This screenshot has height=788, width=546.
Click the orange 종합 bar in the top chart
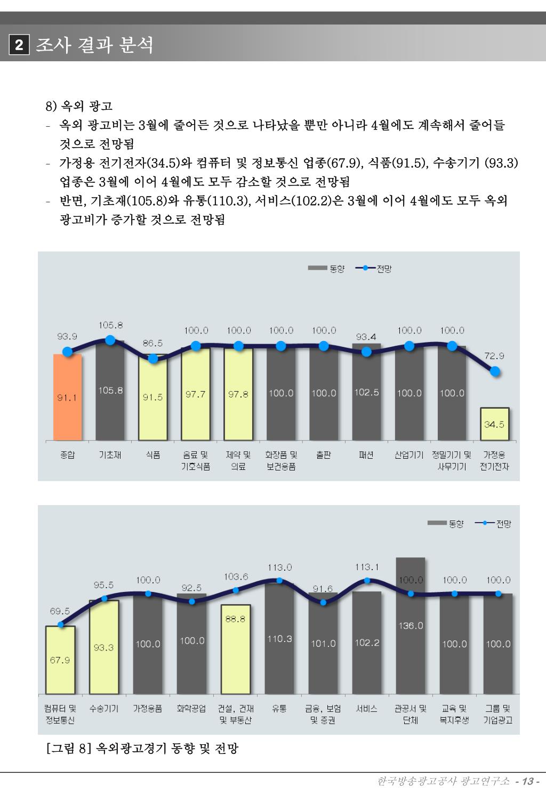(67, 397)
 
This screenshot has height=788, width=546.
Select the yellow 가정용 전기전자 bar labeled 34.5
(494, 424)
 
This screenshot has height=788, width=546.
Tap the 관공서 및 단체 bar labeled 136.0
(411, 625)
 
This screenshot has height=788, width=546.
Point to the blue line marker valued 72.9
(495, 371)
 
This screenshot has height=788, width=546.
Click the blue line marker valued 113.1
(367, 581)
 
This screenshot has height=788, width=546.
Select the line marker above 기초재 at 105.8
(110, 340)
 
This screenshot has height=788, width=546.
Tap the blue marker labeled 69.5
(60, 625)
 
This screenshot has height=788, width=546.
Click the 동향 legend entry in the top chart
(326, 269)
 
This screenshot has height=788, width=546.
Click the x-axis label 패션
(366, 455)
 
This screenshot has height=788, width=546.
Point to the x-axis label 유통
(279, 709)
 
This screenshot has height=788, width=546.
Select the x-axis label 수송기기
(104, 709)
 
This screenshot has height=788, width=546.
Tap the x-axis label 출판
(324, 455)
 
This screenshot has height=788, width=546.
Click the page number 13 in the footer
(528, 781)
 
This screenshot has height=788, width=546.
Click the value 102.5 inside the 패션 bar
(366, 392)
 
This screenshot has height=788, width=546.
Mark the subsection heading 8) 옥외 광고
(79, 106)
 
